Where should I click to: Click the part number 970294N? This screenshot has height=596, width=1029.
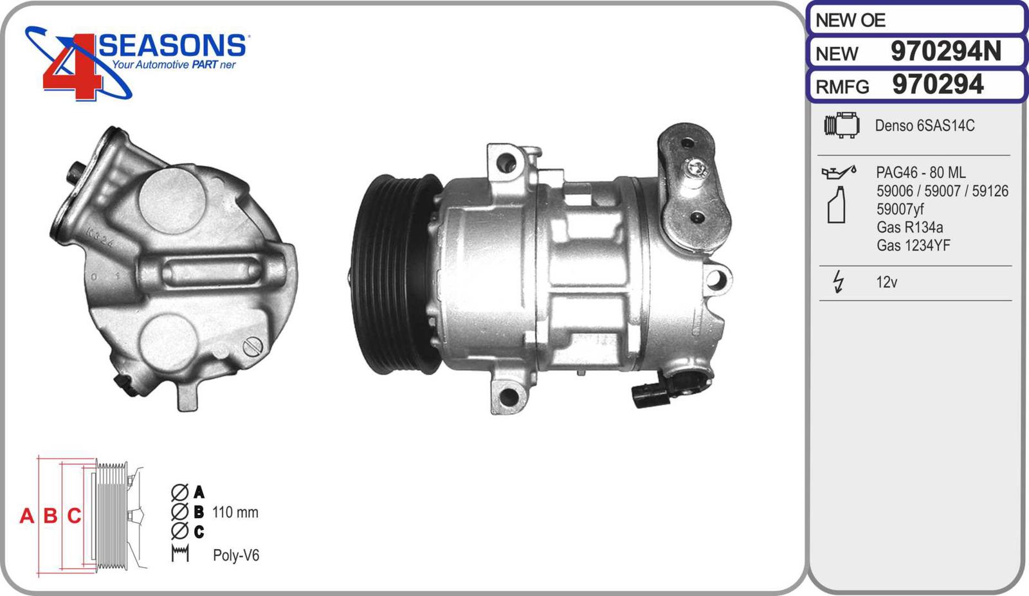point(945,51)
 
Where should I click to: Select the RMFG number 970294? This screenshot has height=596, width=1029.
point(937,84)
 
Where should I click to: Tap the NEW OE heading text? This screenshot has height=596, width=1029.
point(850,20)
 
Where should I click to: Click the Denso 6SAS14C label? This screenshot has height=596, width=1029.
point(924,125)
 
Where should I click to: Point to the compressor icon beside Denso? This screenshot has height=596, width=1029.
point(842,125)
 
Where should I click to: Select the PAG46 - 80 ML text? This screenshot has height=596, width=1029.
point(920,172)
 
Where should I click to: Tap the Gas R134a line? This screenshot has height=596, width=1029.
point(909,227)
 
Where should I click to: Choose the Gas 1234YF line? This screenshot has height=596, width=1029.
point(913,245)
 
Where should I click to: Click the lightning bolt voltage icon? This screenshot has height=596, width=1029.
point(839,282)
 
